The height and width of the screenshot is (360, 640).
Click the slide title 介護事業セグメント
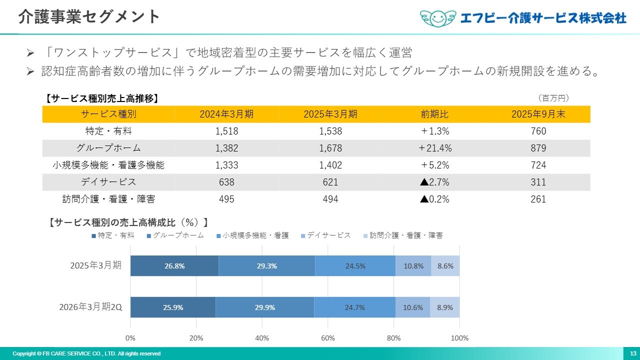pos(89,16)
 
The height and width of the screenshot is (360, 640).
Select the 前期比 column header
pos(434,114)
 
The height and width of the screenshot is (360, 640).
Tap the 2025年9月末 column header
pos(538,114)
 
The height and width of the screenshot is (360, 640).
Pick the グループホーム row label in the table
pos(108,148)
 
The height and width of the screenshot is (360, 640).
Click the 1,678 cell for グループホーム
pos(330,148)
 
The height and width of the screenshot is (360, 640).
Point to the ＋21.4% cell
pos(434,148)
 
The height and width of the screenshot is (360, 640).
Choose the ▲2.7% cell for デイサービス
pos(434,182)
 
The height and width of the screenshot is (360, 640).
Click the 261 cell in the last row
pos(538,199)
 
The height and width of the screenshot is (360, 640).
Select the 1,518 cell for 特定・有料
pos(226,131)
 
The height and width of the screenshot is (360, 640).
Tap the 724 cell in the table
pos(538,165)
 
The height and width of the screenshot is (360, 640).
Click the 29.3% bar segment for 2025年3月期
pos(266,266)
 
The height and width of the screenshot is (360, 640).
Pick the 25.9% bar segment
pos(173,307)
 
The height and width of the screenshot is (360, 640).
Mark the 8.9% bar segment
pos(445,307)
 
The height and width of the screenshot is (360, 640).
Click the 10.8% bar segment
pos(413,266)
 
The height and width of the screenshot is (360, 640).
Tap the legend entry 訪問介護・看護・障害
pos(405,235)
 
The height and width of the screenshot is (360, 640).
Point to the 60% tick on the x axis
pos(328,338)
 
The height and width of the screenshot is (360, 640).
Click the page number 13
pos(633,353)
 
